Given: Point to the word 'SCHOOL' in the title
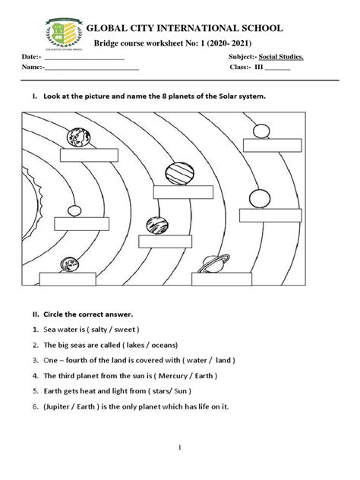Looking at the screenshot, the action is (257, 28).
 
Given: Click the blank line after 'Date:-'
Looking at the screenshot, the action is (84, 58).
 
